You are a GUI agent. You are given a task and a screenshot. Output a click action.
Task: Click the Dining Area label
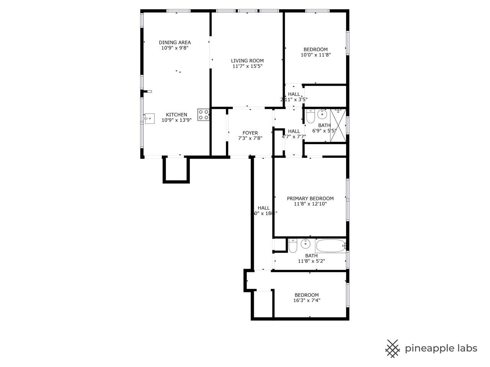point(175,42)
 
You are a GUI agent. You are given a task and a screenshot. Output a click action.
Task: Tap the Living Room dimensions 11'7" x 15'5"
point(247,66)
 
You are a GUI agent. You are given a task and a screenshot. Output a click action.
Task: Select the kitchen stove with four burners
point(203,115)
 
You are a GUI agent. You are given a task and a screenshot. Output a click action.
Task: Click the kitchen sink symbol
point(149,118)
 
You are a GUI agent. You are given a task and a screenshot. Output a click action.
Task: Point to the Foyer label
point(250,133)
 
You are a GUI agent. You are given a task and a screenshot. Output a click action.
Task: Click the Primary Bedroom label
point(310,198)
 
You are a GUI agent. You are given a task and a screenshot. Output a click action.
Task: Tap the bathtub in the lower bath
point(330,245)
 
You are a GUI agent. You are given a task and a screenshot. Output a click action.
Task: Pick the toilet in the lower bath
point(293,245)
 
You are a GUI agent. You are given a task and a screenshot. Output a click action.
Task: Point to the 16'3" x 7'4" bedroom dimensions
point(306,300)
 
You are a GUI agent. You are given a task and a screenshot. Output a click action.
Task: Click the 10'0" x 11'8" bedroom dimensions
point(315,55)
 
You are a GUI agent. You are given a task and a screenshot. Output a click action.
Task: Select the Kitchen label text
point(176,115)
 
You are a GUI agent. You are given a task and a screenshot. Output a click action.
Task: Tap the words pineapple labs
point(441,348)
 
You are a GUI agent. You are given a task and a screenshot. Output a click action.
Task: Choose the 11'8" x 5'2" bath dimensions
point(311,261)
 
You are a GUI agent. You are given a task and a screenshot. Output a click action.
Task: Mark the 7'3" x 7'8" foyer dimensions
point(250,138)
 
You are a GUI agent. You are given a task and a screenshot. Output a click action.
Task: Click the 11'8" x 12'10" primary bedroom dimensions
point(310,204)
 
